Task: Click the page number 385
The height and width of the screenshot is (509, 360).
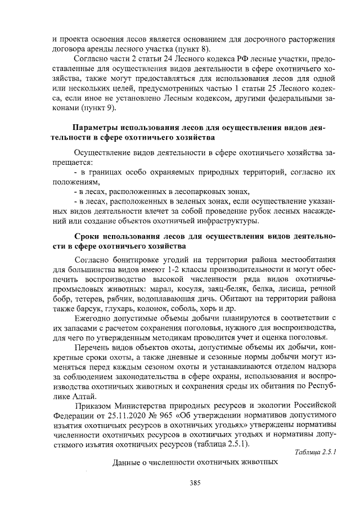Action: tap(195, 483)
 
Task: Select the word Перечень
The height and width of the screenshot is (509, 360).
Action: tap(93, 348)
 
